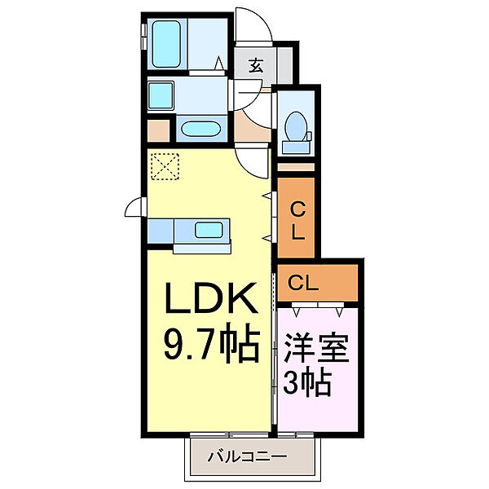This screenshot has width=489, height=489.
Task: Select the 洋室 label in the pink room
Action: point(316,348)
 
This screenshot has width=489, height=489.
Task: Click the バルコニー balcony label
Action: point(252,455)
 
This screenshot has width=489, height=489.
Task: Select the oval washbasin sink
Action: point(198,129)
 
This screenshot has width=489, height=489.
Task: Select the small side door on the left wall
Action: point(134,209)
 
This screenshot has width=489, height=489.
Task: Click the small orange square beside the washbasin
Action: point(159,129)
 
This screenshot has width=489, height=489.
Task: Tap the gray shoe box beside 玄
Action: point(284,64)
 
